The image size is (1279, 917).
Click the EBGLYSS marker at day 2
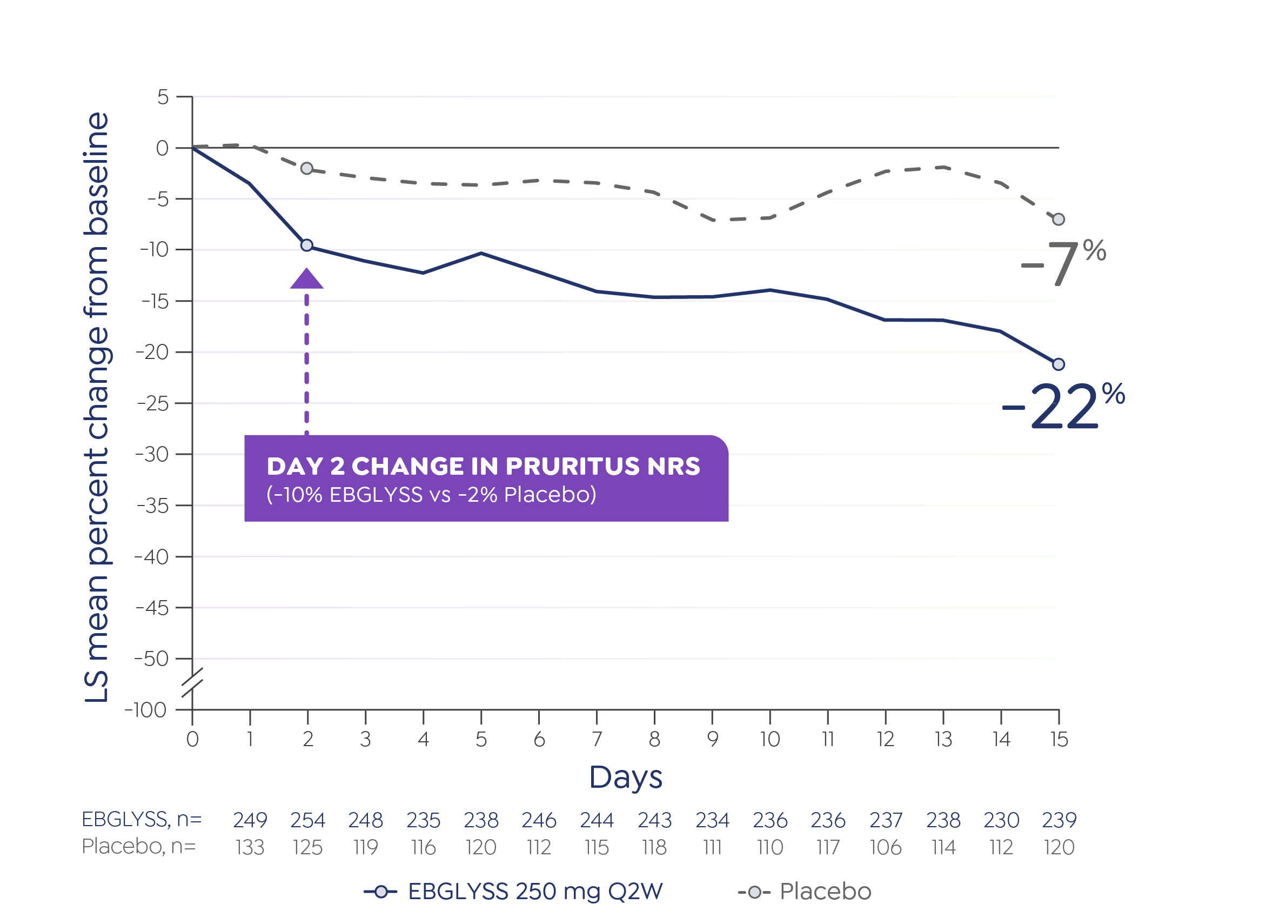(307, 245)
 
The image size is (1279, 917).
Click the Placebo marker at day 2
(307, 168)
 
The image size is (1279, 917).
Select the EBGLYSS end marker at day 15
(1059, 364)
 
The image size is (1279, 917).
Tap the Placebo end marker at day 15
(1059, 220)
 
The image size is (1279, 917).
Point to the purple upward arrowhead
(307, 280)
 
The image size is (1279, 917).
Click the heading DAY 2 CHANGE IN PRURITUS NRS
(483, 467)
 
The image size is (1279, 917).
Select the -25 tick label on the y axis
(153, 404)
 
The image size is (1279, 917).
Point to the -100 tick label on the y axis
(145, 710)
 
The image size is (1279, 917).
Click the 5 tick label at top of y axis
(163, 98)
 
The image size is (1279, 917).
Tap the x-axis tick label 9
(712, 739)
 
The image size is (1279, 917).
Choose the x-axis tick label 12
(886, 739)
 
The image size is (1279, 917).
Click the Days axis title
(625, 778)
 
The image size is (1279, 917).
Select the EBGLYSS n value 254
(307, 820)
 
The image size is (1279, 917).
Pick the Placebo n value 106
(886, 848)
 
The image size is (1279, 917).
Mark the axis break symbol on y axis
(192, 683)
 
